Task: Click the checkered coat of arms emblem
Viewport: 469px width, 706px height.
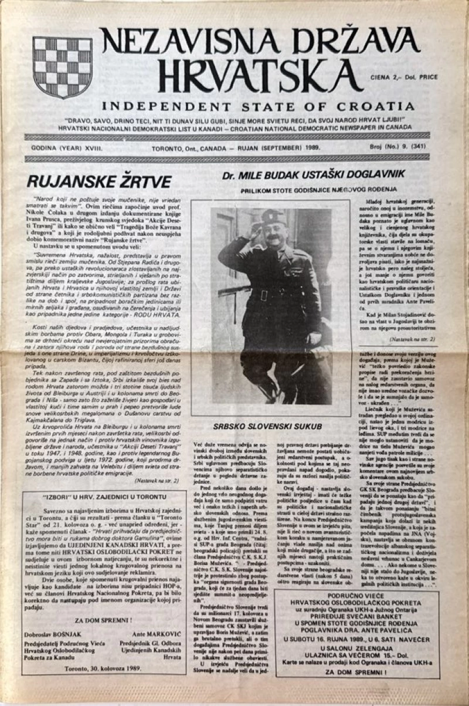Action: [62, 67]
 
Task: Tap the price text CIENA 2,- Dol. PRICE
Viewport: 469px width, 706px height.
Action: [404, 77]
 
